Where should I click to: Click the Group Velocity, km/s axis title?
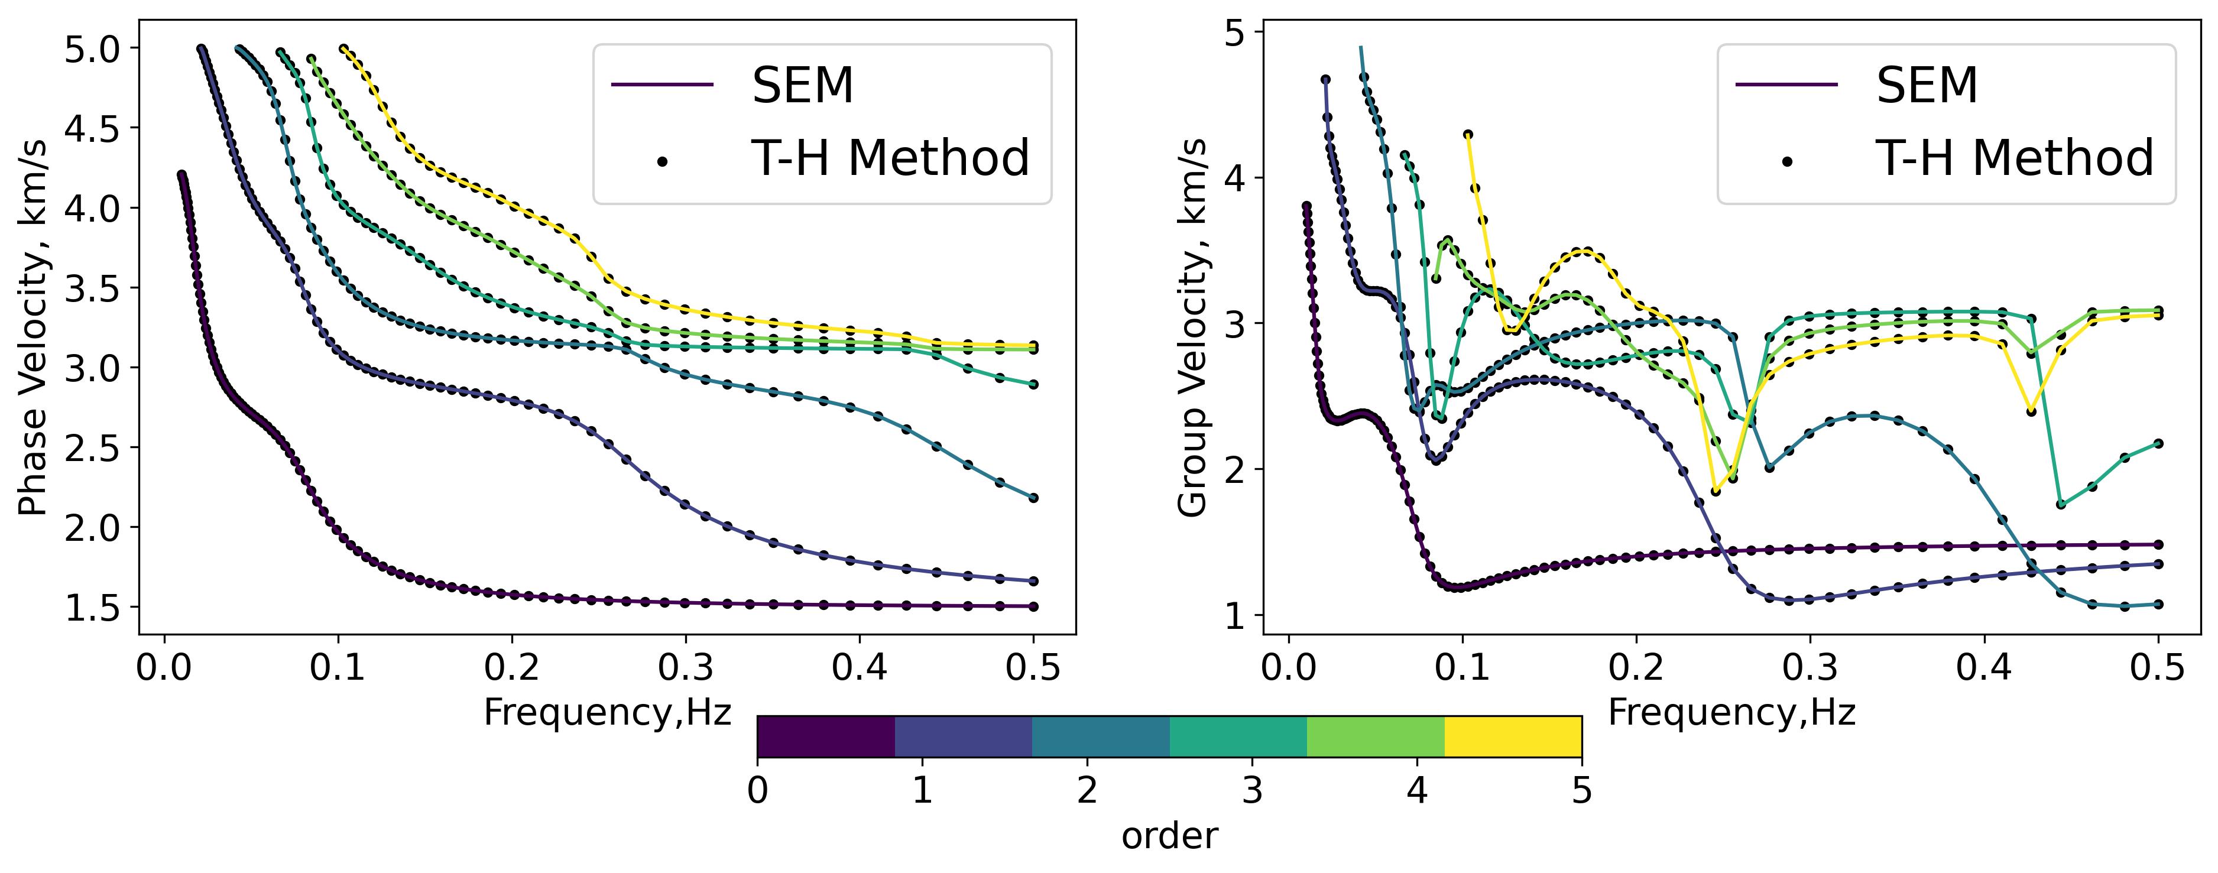coord(1194,327)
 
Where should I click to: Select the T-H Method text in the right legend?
coord(2015,158)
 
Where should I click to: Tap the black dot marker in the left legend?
coord(662,160)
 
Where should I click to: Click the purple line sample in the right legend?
coord(1786,85)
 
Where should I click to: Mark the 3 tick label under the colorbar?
coord(1252,790)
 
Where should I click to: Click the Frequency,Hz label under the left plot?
coord(607,713)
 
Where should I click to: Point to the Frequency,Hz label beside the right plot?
coord(1731,713)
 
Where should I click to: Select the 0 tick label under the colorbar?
coord(758,790)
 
